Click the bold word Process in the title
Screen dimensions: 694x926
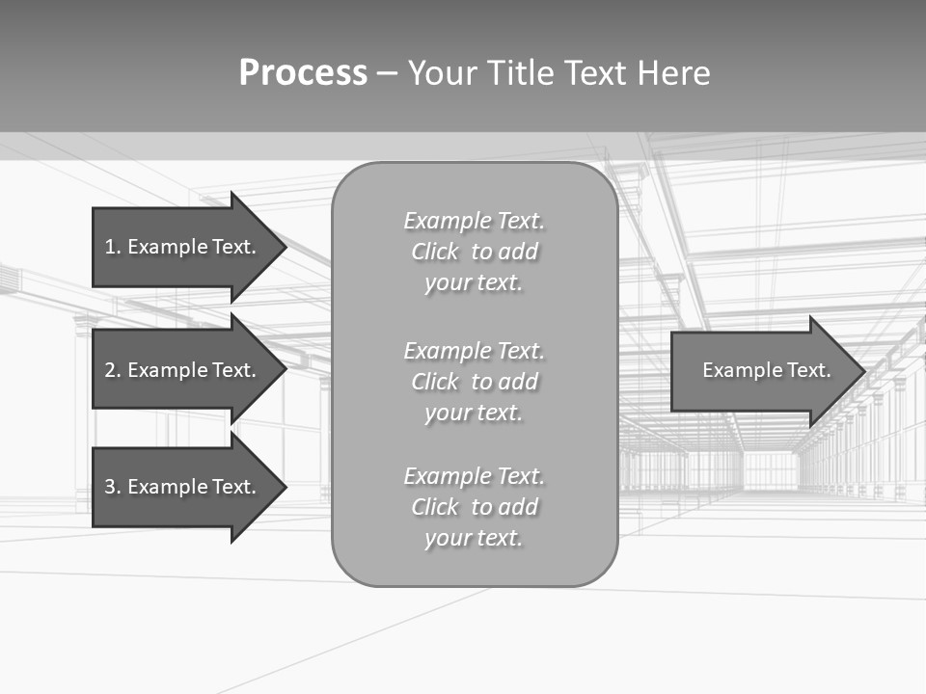click(303, 73)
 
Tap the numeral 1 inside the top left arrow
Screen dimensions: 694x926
click(109, 247)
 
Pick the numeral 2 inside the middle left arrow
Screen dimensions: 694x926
click(110, 370)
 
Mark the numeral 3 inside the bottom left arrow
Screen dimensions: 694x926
click(110, 487)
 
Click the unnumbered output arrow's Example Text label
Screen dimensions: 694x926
click(766, 370)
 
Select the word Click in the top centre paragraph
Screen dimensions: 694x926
click(435, 253)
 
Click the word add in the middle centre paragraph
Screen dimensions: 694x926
click(519, 382)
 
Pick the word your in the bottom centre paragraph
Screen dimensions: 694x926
click(445, 539)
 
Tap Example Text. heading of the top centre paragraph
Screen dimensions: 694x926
click(474, 221)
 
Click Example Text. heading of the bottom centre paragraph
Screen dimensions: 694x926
click(474, 476)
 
